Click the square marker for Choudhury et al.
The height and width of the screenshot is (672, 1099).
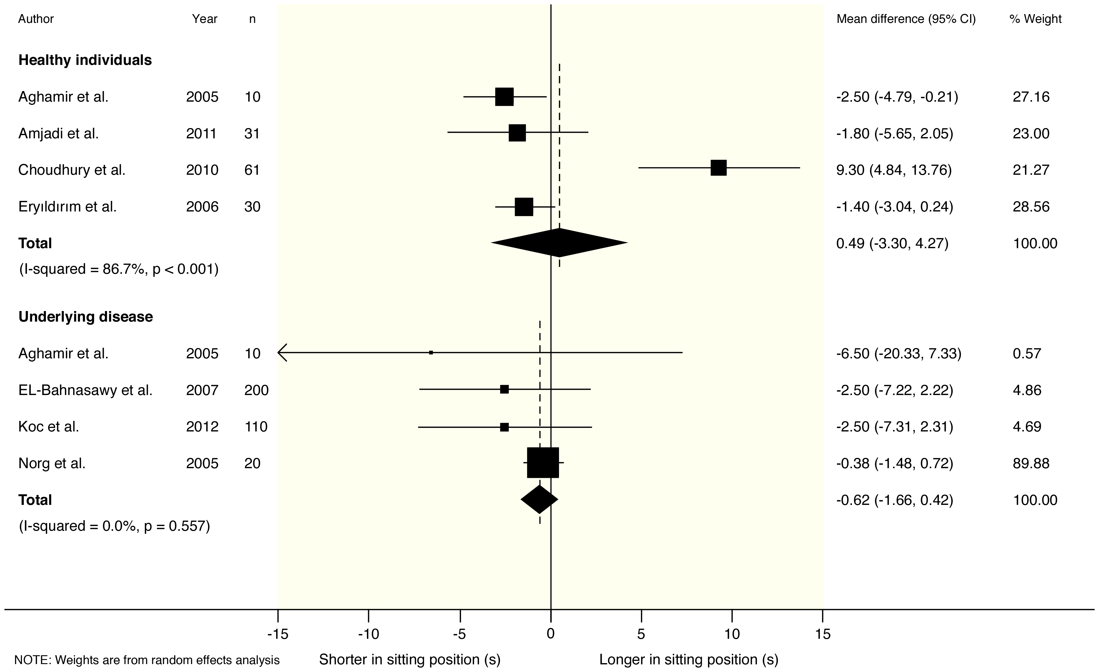718,168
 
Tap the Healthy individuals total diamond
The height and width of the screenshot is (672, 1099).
559,243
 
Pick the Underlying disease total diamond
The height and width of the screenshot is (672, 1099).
539,499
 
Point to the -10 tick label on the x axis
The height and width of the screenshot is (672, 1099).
368,634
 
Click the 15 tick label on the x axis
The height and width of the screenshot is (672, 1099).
823,634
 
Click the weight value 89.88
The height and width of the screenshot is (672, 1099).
1031,463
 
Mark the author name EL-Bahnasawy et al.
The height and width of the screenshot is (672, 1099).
85,390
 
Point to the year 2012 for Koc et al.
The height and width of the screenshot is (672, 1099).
202,427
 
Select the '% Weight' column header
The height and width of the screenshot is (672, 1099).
1035,19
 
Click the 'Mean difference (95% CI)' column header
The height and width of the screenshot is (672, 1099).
906,19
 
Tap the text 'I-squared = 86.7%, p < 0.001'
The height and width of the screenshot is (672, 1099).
119,269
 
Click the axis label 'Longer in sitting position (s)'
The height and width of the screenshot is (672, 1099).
688,659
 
